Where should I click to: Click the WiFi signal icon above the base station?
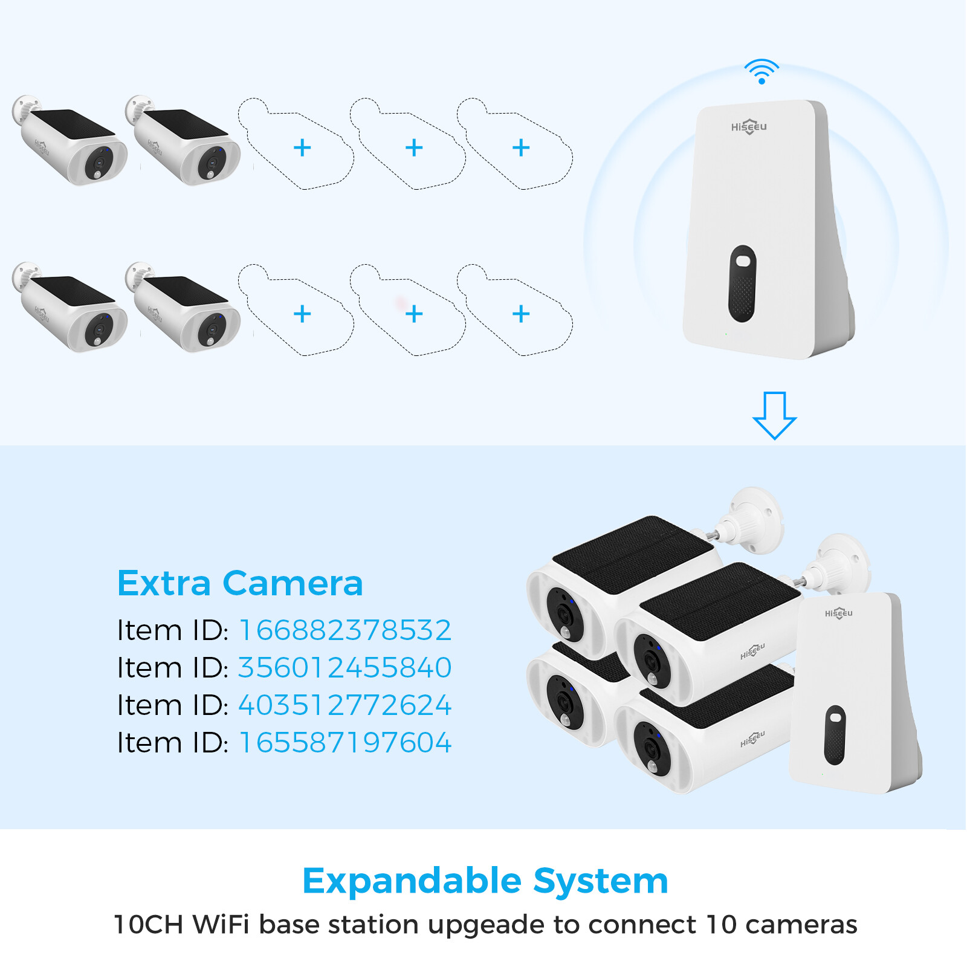point(761,71)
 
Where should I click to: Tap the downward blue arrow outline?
point(774,415)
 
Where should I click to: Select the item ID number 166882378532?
point(345,630)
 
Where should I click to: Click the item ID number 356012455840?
point(345,668)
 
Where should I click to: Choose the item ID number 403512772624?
point(345,705)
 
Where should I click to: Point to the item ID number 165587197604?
point(345,743)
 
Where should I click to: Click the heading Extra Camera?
point(240,583)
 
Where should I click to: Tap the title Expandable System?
point(485,881)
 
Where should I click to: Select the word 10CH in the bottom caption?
point(148,925)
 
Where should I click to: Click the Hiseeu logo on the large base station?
point(749,126)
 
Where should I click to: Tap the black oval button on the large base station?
point(742,283)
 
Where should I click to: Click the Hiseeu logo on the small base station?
point(838,613)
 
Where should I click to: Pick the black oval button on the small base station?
point(835,735)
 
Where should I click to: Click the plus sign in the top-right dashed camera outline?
point(521,147)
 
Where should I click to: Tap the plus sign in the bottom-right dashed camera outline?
point(521,314)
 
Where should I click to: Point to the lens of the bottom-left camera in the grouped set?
point(564,702)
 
